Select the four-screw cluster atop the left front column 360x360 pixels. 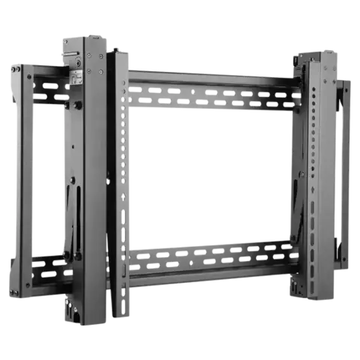(94, 63)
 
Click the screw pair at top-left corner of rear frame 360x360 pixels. (15, 70)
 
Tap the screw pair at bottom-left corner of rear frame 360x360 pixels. (13, 290)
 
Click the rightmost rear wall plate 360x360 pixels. (346, 172)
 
